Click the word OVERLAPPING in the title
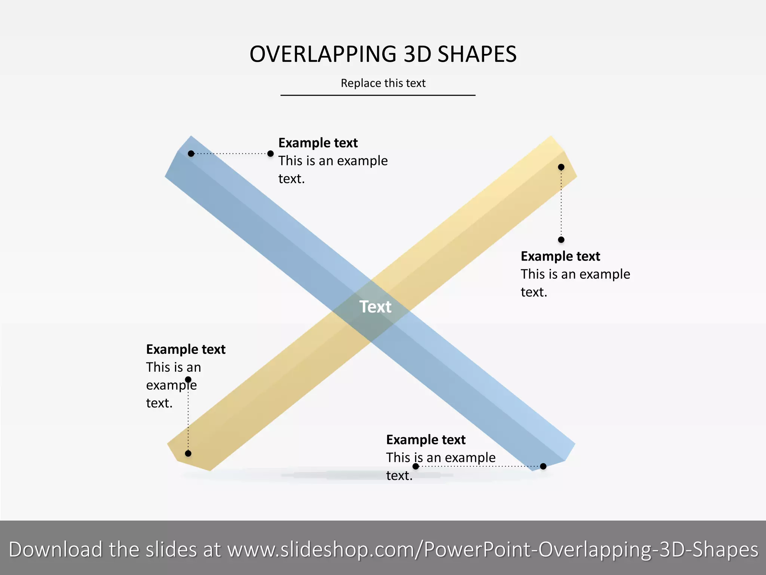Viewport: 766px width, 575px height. pos(322,54)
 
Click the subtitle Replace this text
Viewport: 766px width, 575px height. pos(383,83)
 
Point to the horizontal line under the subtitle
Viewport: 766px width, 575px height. pos(378,95)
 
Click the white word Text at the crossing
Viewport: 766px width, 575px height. pos(375,307)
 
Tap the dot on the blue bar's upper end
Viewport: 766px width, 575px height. pos(191,153)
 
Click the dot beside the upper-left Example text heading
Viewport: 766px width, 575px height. pos(270,153)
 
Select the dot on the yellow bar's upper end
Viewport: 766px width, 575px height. pos(561,167)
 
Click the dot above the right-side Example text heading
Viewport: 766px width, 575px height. pos(561,240)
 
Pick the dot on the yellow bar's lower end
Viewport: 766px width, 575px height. pos(188,453)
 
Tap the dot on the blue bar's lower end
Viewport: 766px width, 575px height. pos(543,466)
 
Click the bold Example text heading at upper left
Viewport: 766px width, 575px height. pos(318,143)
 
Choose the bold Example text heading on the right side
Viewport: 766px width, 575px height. pos(560,256)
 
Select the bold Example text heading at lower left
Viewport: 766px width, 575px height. pos(186,349)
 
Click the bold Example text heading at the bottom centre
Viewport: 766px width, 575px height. pos(426,439)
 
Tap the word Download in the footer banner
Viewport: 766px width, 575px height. pos(55,550)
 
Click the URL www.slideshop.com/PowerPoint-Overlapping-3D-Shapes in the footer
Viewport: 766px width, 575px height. pos(493,550)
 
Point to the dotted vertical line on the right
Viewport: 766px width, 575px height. pos(561,203)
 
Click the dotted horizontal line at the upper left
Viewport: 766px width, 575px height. pos(231,153)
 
